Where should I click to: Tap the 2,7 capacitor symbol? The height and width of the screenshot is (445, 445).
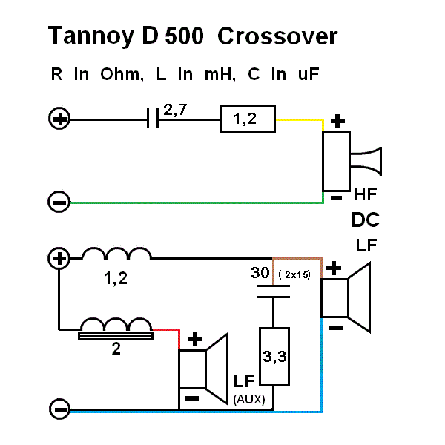pyautogui.click(x=154, y=119)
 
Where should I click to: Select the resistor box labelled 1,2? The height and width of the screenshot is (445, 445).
pyautogui.click(x=248, y=119)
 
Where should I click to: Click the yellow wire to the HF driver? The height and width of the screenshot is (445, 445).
pyautogui.click(x=300, y=119)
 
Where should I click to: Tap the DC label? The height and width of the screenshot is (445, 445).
pyautogui.click(x=366, y=220)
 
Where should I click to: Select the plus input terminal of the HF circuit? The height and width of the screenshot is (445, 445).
pyautogui.click(x=59, y=119)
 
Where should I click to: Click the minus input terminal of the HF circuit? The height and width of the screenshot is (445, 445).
pyautogui.click(x=59, y=202)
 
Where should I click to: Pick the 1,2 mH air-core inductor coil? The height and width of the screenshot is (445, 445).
pyautogui.click(x=116, y=254)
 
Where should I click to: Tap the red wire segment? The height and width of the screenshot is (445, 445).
pyautogui.click(x=167, y=329)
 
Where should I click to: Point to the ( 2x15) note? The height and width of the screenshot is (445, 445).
pyautogui.click(x=294, y=274)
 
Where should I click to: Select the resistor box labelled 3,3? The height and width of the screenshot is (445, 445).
pyautogui.click(x=274, y=357)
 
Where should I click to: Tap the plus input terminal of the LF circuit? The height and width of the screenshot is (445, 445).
pyautogui.click(x=59, y=259)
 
